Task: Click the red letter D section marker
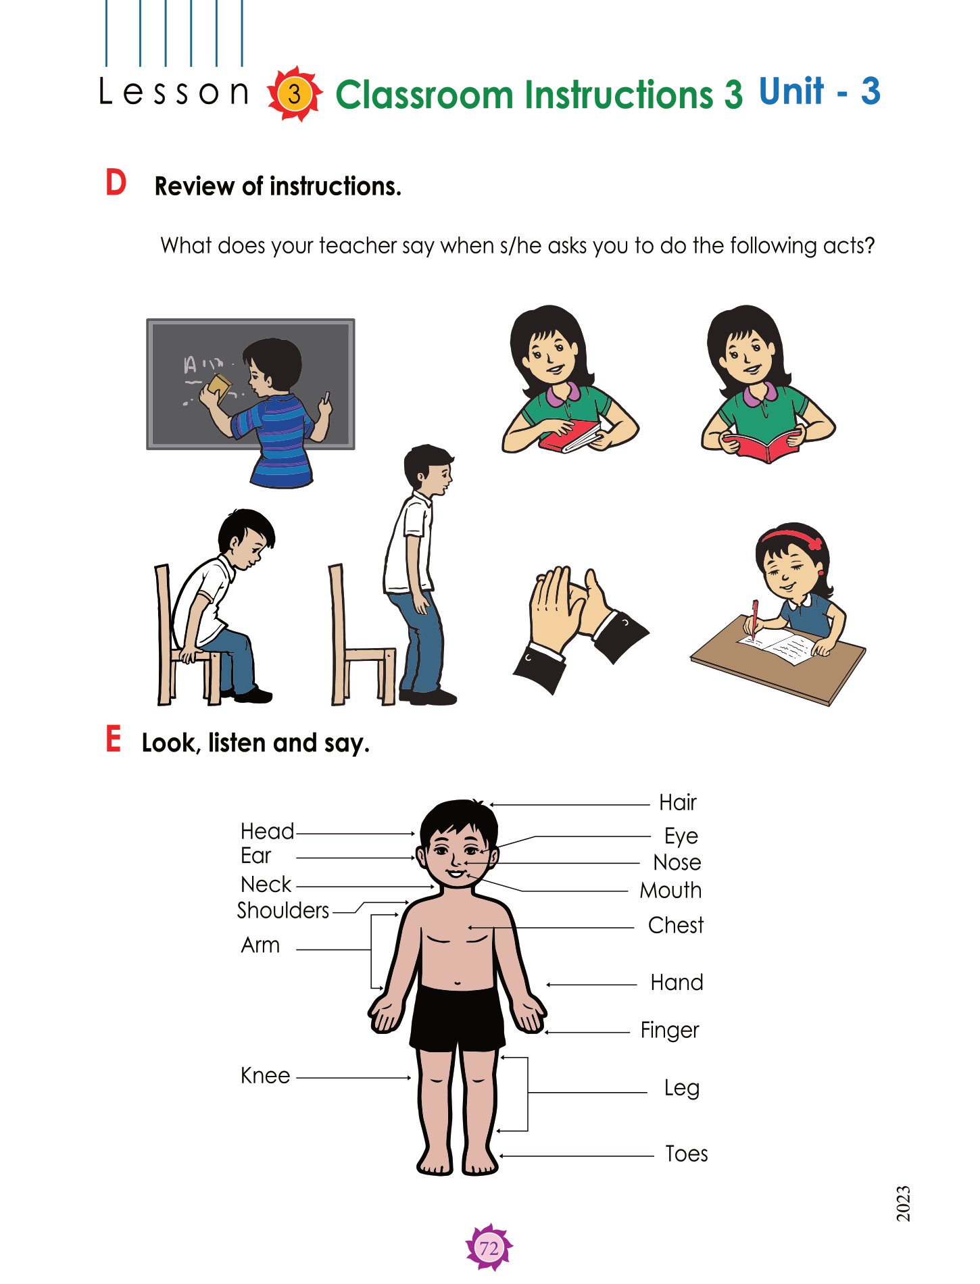point(116,183)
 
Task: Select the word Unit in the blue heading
point(791,91)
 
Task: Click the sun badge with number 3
point(294,94)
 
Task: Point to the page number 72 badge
point(489,1247)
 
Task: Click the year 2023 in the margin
point(903,1204)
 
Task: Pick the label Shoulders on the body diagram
point(283,910)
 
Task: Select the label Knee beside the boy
point(265,1075)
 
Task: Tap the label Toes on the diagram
point(686,1154)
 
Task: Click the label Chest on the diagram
point(675,925)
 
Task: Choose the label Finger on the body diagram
point(669,1031)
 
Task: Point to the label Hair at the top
point(678,802)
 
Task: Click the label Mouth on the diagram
point(670,890)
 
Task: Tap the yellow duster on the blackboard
point(219,388)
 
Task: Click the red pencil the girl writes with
point(754,619)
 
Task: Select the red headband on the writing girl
point(794,537)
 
